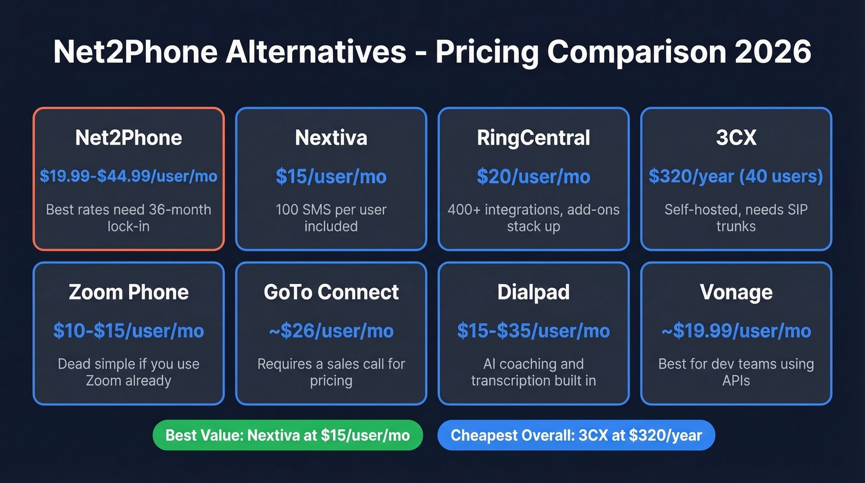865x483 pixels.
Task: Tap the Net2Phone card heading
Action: pyautogui.click(x=129, y=137)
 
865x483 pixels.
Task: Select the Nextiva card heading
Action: pyautogui.click(x=331, y=137)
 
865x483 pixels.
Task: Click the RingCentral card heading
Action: pyautogui.click(x=533, y=137)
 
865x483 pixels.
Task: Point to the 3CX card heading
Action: pyautogui.click(x=736, y=137)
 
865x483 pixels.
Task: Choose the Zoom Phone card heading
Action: pyautogui.click(x=129, y=292)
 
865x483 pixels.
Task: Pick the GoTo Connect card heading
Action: pyautogui.click(x=331, y=292)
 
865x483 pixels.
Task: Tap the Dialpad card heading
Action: pyautogui.click(x=533, y=292)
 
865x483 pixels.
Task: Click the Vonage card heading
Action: pyautogui.click(x=736, y=292)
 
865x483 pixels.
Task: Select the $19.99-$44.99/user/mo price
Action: pyautogui.click(x=129, y=176)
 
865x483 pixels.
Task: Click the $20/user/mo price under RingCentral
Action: pyautogui.click(x=533, y=176)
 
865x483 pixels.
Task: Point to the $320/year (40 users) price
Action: pyautogui.click(x=736, y=176)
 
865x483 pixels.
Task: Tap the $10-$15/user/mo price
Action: pyautogui.click(x=129, y=331)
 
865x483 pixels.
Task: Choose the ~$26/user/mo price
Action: pyautogui.click(x=331, y=331)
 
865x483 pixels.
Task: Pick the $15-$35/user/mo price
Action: pyautogui.click(x=533, y=331)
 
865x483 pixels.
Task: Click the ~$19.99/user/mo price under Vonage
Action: pyautogui.click(x=736, y=331)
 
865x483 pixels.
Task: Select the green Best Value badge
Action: pyautogui.click(x=287, y=435)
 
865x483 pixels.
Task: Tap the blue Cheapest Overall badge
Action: pyautogui.click(x=576, y=435)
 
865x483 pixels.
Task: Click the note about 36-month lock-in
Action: pyautogui.click(x=129, y=218)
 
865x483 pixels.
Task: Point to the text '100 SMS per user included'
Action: pyautogui.click(x=331, y=218)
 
